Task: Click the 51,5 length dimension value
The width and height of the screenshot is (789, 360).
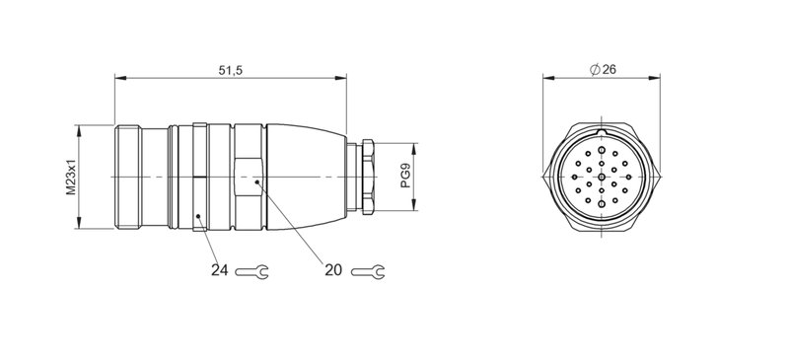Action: pos(231,70)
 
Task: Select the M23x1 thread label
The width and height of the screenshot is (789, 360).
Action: pos(72,177)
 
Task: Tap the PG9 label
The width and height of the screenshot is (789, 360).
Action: pos(405,177)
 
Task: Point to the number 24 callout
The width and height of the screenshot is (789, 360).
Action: pos(218,270)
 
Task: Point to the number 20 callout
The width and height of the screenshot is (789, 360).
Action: pos(332,270)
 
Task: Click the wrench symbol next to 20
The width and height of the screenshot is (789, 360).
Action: pos(370,270)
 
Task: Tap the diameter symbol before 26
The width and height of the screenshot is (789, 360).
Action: pos(596,70)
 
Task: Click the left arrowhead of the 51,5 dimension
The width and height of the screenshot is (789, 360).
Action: pos(119,79)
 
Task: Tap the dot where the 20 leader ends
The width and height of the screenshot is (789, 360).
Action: pos(256,181)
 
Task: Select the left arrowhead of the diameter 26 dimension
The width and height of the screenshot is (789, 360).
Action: pos(548,79)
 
